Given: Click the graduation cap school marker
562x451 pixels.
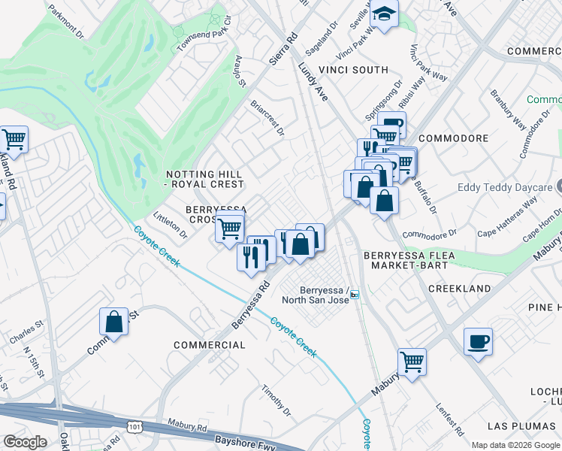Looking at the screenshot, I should click(x=384, y=14).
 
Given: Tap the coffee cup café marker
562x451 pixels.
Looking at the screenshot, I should click(x=478, y=343).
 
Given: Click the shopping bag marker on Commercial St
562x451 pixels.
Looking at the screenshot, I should click(x=113, y=322).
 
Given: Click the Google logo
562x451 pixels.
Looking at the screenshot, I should click(x=25, y=442).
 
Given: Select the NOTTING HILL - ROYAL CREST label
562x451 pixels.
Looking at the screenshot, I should click(x=205, y=179).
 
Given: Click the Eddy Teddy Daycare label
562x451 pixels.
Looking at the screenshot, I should click(x=506, y=188).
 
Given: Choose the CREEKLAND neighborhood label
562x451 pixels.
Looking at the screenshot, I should click(x=460, y=289).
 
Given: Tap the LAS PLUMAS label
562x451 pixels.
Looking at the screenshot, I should click(x=520, y=426).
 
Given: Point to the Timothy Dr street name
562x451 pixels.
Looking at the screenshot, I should click(x=276, y=400).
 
